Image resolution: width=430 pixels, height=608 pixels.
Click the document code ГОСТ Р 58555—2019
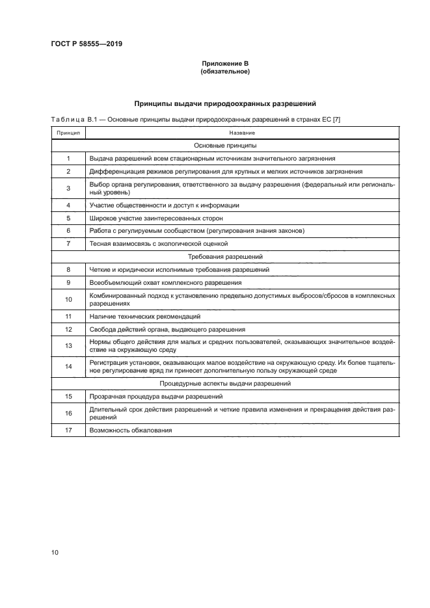tap(87, 44)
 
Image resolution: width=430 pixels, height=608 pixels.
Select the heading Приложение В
tap(224, 64)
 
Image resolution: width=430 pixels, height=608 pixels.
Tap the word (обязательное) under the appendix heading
tap(224, 72)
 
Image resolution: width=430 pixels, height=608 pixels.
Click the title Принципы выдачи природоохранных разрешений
tap(224, 103)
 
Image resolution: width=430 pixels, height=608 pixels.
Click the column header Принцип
tap(68, 133)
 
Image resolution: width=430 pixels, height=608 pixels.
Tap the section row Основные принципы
tap(224, 146)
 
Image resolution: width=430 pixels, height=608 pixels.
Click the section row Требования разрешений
tap(224, 257)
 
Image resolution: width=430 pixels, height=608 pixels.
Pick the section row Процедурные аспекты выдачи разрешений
tap(224, 384)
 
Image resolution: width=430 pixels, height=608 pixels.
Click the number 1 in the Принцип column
tap(68, 159)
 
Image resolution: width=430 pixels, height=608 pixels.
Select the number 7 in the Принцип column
tap(68, 244)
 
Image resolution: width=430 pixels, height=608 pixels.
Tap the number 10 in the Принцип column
tap(68, 300)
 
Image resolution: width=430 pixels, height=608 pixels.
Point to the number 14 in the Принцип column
tap(68, 367)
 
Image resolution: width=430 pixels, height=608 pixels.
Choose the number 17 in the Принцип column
tap(68, 430)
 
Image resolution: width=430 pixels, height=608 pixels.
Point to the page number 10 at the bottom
tap(55, 553)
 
